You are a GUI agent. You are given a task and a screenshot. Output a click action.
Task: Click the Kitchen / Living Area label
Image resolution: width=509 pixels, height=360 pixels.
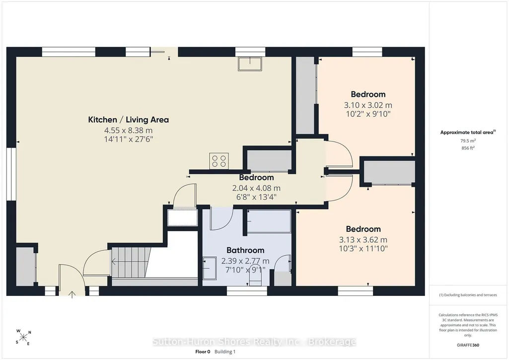tap(129, 120)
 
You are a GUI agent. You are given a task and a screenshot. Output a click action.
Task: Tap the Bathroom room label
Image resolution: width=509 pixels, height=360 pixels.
tap(245, 250)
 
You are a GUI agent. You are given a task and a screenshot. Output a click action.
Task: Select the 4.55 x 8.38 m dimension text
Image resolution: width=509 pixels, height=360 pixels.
tap(128, 131)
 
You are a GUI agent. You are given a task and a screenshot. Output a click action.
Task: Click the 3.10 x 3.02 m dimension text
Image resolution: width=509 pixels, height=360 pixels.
tap(368, 105)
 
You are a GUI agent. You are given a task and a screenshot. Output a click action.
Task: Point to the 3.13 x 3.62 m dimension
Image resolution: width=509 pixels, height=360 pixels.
tap(363, 240)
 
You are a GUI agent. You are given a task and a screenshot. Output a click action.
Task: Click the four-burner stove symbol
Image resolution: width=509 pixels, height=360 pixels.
tap(219, 161)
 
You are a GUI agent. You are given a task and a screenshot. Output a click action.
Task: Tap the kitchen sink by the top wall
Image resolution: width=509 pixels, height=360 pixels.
tap(250, 64)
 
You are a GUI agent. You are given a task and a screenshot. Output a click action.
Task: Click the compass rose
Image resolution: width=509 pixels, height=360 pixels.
tap(23, 338)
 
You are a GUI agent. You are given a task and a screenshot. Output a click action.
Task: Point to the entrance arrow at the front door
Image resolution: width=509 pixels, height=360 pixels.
tap(72, 294)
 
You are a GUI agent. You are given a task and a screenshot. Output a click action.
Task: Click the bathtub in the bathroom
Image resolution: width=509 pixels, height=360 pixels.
tap(269, 221)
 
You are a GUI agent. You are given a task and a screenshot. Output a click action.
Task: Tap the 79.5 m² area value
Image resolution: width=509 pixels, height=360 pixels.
tap(468, 141)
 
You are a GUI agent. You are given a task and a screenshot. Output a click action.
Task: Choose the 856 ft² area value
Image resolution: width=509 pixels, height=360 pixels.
tap(468, 148)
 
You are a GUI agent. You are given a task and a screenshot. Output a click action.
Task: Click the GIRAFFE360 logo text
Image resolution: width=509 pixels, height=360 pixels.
tap(468, 345)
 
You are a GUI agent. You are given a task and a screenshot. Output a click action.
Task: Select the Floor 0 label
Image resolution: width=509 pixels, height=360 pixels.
tap(203, 352)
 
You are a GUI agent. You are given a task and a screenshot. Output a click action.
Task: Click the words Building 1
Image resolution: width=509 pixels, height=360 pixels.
tap(225, 352)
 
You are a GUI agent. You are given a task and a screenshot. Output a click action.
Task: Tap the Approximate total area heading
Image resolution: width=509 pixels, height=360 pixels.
tap(468, 132)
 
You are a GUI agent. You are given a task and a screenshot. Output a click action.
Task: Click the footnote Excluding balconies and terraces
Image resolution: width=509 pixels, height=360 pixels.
tap(468, 295)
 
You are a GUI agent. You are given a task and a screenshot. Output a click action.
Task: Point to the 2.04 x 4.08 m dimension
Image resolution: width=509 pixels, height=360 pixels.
tap(256, 188)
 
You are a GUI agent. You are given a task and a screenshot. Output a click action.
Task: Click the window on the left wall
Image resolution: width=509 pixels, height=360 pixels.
tap(11, 174)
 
